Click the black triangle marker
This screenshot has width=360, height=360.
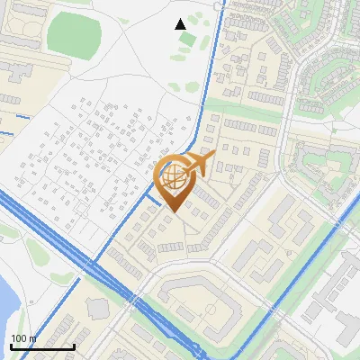[181, 24]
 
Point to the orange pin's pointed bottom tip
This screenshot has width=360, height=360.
[173, 212]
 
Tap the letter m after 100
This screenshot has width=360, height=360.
[32, 338]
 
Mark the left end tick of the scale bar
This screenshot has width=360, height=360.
[11, 346]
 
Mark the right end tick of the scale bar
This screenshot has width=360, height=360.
[74, 346]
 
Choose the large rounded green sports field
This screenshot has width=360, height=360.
[74, 32]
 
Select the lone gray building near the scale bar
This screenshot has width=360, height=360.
[97, 310]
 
